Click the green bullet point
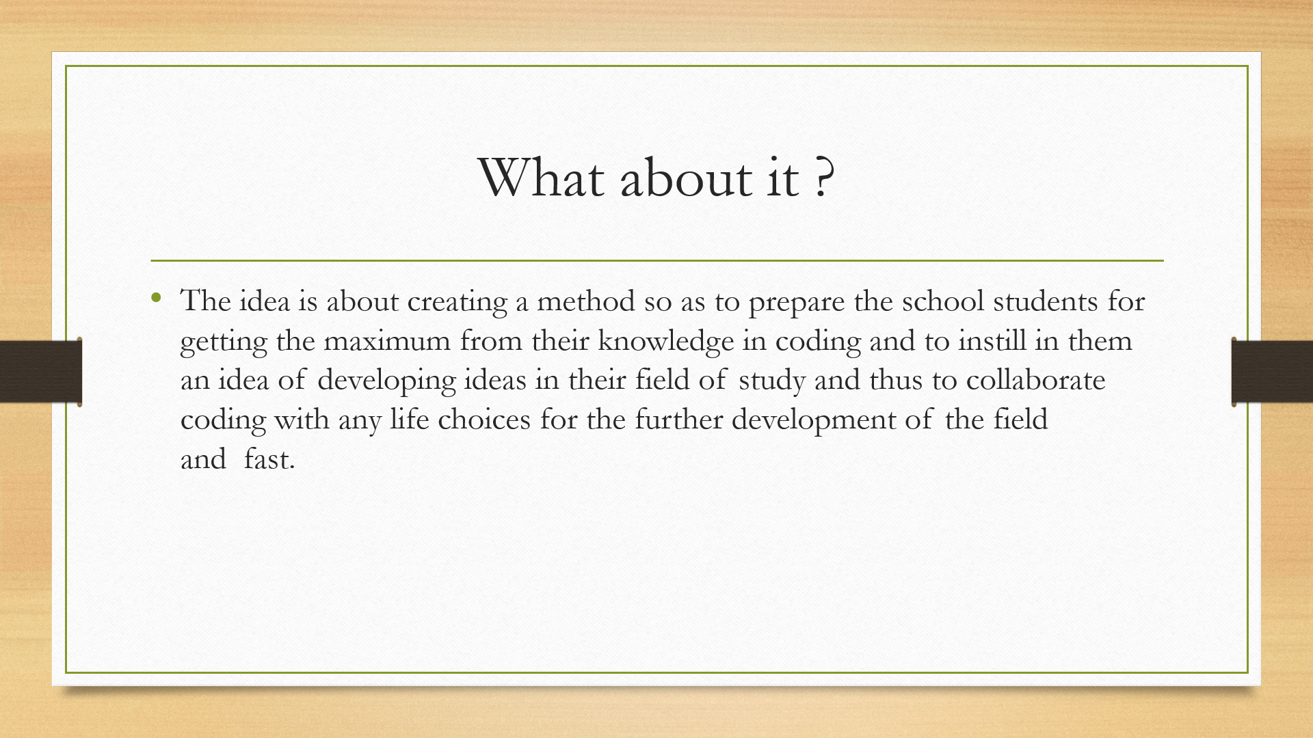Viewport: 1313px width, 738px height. tap(157, 297)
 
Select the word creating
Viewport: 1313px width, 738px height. tap(457, 303)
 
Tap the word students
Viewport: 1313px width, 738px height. tap(1046, 301)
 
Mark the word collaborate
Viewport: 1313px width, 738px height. tap(1035, 380)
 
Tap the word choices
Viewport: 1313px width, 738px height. tap(484, 420)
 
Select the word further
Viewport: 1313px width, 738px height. tap(678, 420)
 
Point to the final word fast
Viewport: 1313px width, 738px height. tap(269, 459)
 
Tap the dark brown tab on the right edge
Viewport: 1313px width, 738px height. tap(1272, 372)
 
